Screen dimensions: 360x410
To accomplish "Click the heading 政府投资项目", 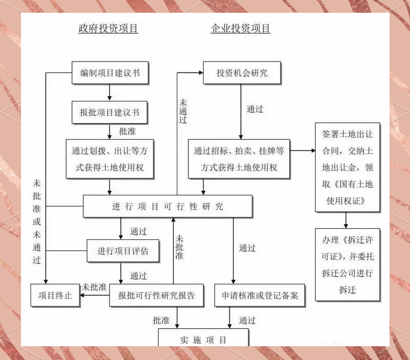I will (x=108, y=29).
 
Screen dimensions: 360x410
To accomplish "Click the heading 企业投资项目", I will (x=241, y=29).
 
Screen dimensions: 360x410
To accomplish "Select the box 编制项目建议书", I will (x=110, y=73).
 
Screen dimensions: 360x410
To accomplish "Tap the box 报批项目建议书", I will (x=110, y=112).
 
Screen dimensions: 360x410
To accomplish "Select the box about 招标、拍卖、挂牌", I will (x=239, y=159).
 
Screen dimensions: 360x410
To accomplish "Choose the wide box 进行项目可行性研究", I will (x=167, y=207).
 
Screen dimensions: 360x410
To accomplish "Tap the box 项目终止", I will (x=55, y=295).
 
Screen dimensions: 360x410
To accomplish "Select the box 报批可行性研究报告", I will (x=156, y=295).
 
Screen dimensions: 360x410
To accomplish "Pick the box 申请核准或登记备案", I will (x=260, y=295).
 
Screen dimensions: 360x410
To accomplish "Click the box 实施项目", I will (x=203, y=340).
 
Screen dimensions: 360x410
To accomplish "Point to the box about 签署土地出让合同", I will (x=348, y=167).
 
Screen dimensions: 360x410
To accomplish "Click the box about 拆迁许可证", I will (x=348, y=264).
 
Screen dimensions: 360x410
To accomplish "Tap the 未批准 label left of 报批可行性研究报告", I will (x=95, y=287).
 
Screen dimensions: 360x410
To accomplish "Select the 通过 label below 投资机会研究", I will (x=254, y=109).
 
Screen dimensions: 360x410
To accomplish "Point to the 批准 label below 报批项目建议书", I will (x=127, y=131).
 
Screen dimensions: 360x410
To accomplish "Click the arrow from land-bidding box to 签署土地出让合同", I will (x=303, y=151).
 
